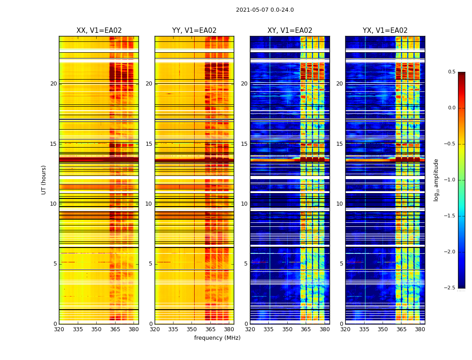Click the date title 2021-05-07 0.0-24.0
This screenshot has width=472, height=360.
point(265,10)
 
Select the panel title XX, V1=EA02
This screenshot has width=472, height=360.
point(99,31)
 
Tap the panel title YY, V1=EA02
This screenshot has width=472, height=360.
point(194,31)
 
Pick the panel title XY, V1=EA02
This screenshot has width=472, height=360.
point(289,31)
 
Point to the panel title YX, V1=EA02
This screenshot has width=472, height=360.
point(385,31)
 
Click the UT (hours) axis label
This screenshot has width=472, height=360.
point(44,180)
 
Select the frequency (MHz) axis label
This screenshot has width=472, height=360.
point(217,338)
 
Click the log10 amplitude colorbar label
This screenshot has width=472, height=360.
point(436,180)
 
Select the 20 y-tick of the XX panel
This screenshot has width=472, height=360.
point(53,84)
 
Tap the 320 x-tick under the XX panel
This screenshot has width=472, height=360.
point(59,329)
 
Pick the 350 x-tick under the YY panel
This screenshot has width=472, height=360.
point(192,329)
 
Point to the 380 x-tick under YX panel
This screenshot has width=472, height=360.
point(420,329)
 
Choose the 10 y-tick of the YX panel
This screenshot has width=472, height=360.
point(339,204)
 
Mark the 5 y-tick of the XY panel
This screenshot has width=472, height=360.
point(245,264)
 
